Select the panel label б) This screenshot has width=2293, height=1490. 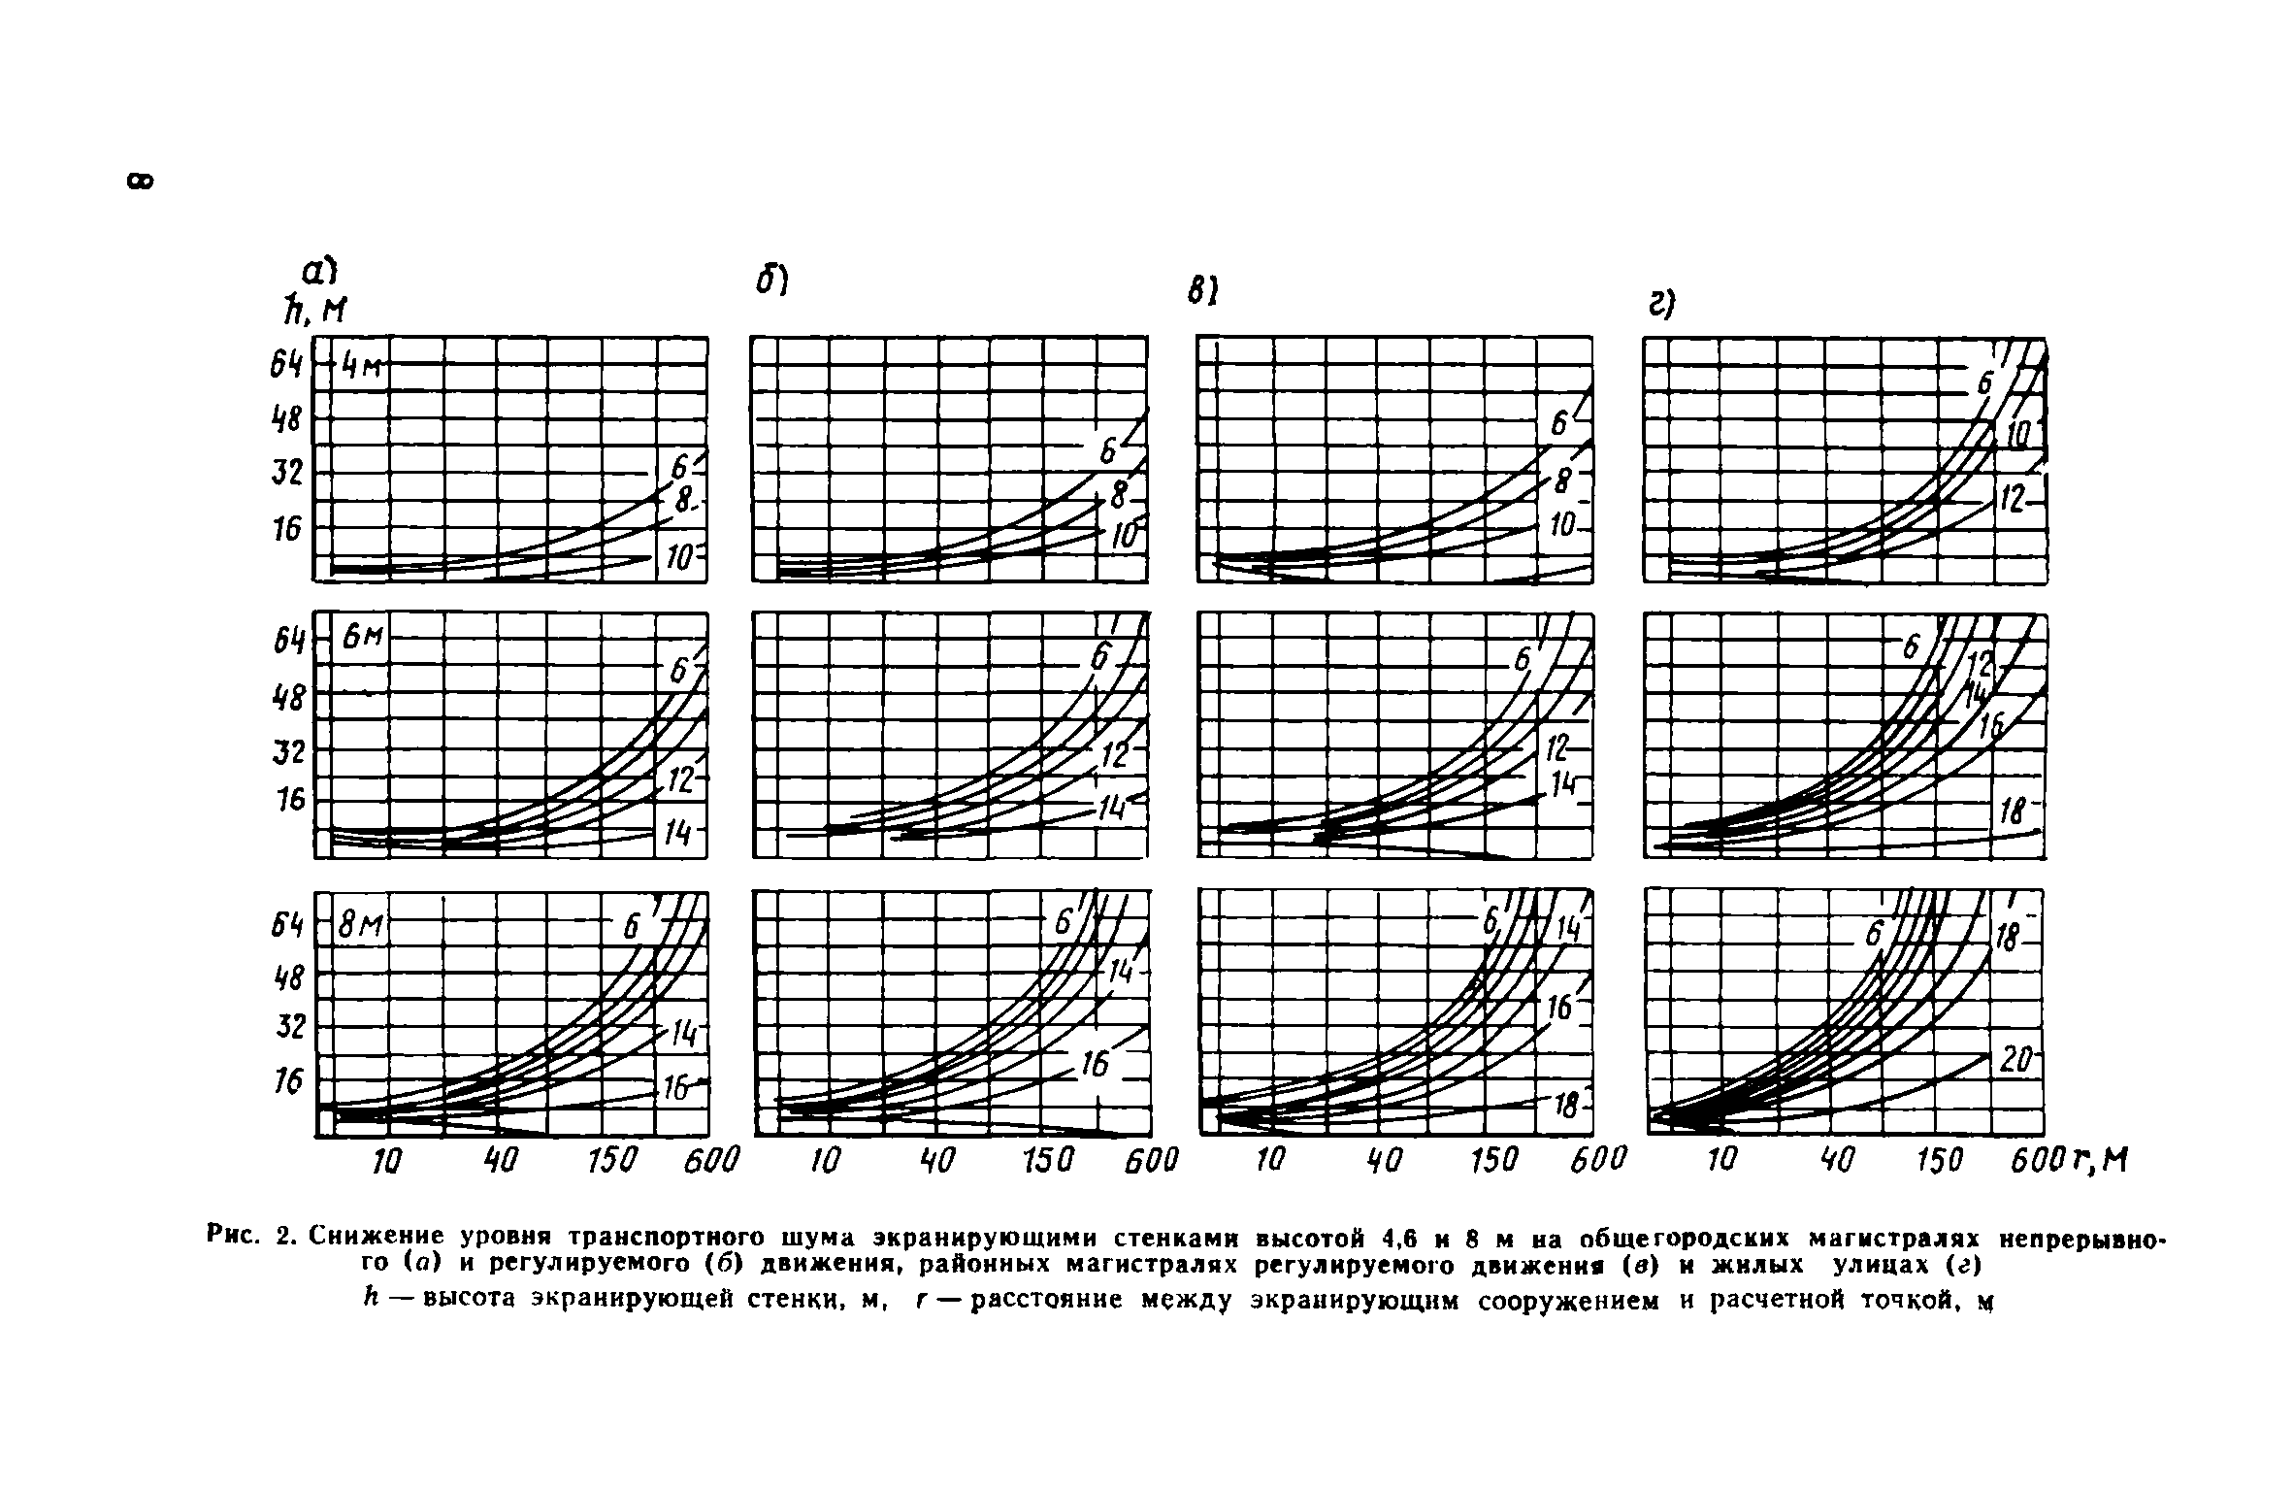pyautogui.click(x=772, y=281)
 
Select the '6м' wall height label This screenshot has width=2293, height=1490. pyautogui.click(x=364, y=638)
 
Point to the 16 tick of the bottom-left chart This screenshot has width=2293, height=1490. pyautogui.click(x=287, y=1080)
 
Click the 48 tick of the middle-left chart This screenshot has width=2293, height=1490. pyautogui.click(x=288, y=697)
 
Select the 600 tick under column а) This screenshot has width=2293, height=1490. pyautogui.click(x=710, y=1160)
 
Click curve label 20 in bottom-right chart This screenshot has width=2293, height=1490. pyautogui.click(x=2016, y=1062)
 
